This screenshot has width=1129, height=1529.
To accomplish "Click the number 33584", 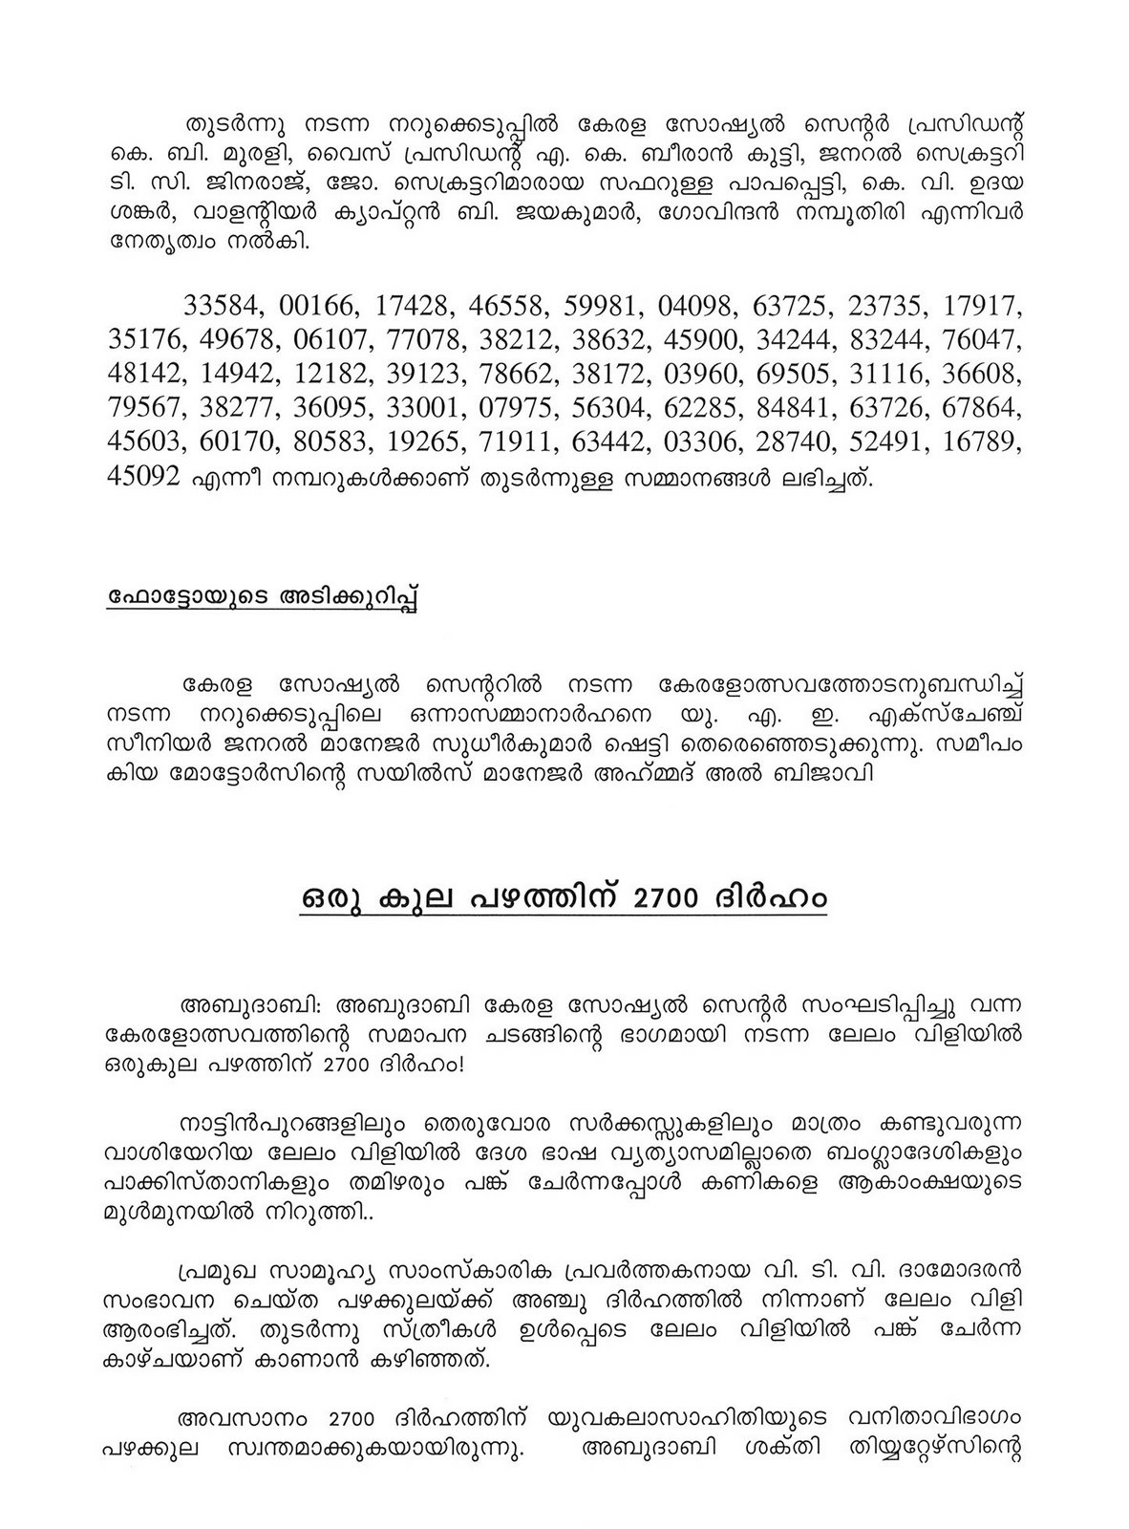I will (223, 307).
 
